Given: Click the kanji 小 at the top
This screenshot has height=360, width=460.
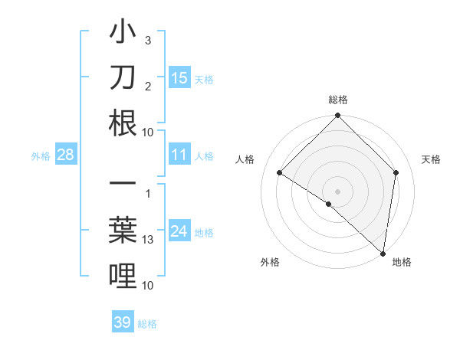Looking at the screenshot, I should click(123, 34).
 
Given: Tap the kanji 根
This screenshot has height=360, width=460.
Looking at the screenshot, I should click(123, 124).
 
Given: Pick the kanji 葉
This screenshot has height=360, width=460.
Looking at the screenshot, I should click(123, 232).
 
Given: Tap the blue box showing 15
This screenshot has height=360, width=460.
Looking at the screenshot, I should click(179, 77).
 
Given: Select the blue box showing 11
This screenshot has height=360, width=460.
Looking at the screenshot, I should click(179, 155).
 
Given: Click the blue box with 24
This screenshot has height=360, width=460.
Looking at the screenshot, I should click(179, 232).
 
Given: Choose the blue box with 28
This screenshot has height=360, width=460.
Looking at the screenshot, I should click(65, 155).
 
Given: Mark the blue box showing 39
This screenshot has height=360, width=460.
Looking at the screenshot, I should click(122, 322).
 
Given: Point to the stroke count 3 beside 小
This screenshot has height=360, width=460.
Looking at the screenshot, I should click(148, 40).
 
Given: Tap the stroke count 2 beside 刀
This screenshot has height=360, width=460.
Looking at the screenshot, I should click(148, 86).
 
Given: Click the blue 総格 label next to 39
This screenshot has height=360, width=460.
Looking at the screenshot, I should click(147, 324).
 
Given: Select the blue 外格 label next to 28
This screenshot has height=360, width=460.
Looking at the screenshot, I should click(41, 156).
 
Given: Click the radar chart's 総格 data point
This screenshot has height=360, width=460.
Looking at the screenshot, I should click(337, 116).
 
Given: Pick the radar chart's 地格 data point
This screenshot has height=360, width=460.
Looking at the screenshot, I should click(383, 252).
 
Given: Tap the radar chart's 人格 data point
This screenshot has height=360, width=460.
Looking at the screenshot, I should click(279, 172).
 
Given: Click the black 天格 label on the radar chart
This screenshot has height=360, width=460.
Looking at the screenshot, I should click(431, 159).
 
